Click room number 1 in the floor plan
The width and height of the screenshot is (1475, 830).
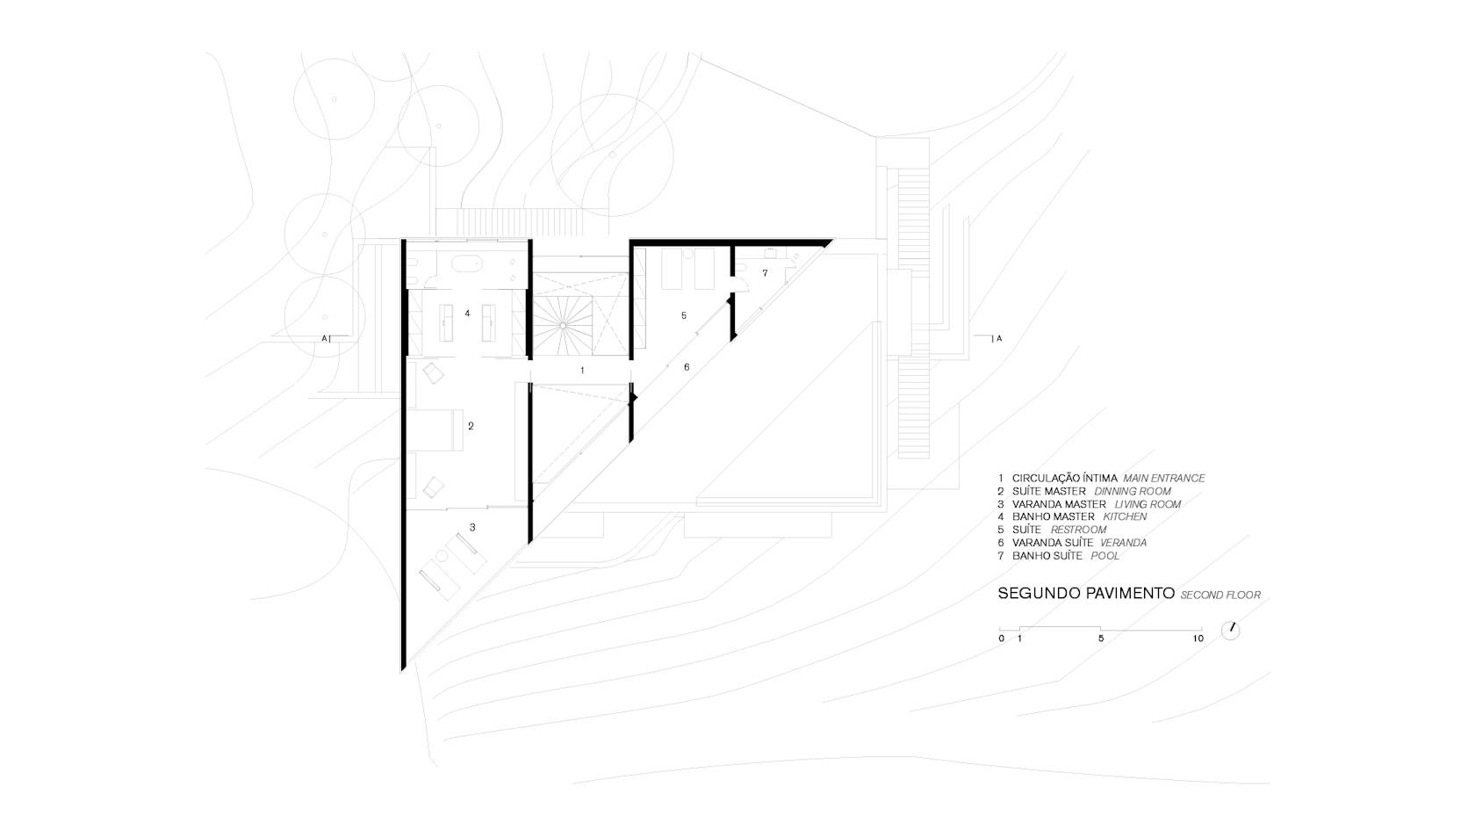point(582,371)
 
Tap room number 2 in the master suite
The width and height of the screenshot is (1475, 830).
point(471,426)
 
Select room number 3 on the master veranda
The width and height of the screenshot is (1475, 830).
point(472,528)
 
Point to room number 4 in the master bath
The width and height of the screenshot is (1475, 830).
point(467,314)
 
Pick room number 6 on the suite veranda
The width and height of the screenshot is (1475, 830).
point(687,367)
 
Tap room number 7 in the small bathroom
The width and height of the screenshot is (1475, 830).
point(765,272)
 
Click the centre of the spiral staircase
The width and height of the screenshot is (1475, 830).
point(563,325)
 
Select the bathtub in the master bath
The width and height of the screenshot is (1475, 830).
point(467,265)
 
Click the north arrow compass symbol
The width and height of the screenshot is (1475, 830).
point(1230,631)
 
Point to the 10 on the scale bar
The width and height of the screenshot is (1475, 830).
point(1198,639)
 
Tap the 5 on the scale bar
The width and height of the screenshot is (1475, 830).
point(1100,639)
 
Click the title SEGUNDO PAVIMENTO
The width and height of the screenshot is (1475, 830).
point(1086,594)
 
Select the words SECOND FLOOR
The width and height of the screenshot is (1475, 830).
point(1220,595)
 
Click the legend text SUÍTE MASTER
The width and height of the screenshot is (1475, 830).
point(1049,492)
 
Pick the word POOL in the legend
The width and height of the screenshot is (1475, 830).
point(1104,556)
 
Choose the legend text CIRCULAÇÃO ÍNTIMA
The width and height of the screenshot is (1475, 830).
point(1065,478)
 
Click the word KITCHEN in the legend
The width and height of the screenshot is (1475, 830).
point(1125,517)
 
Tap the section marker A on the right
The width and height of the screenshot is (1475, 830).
point(999,339)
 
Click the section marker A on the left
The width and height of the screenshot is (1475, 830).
point(324,339)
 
